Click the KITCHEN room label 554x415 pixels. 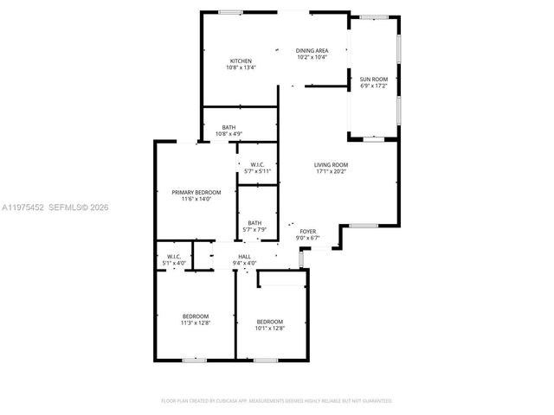(x=240, y=61)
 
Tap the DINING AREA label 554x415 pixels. (x=312, y=51)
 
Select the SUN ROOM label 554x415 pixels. (x=374, y=79)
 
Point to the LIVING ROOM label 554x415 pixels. (x=331, y=164)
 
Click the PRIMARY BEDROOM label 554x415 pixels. (x=196, y=192)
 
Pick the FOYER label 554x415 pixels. (x=308, y=231)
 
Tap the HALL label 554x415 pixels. (x=245, y=257)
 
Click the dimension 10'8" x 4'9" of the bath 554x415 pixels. (x=229, y=134)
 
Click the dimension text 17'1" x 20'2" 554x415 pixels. (x=331, y=171)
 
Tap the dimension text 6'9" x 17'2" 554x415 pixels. (x=374, y=86)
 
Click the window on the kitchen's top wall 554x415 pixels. (x=230, y=12)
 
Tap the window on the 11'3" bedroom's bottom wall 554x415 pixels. (x=195, y=359)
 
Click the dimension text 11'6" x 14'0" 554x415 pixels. (x=196, y=199)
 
